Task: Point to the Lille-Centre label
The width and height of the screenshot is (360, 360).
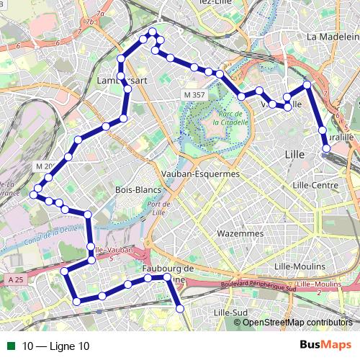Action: [x=315, y=185]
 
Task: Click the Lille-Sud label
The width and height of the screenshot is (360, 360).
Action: [x=231, y=312]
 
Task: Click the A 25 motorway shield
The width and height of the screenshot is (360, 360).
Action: [x=17, y=279]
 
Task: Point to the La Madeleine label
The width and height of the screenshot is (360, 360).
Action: [x=332, y=37]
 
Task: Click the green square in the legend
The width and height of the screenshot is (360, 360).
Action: [x=9, y=346]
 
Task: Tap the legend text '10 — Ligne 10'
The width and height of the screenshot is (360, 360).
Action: [x=56, y=346]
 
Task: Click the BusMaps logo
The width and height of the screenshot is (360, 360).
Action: [x=324, y=346]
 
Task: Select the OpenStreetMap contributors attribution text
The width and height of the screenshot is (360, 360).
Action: [x=297, y=322]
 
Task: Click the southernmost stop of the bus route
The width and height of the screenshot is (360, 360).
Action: [x=180, y=308]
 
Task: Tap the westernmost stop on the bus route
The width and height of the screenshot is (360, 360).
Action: [x=34, y=193]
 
